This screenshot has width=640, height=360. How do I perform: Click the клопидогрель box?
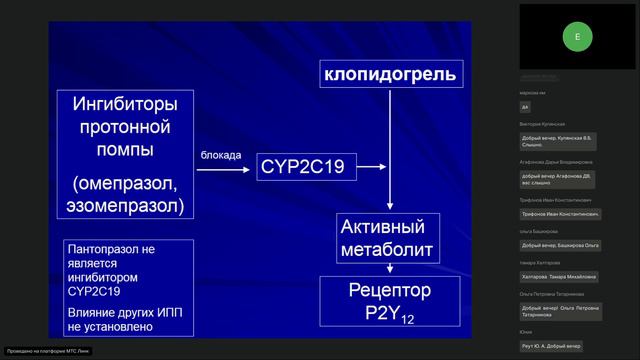point(391,74)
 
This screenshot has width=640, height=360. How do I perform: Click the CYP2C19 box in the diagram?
point(307,167)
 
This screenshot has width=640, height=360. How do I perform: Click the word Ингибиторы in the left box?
point(126,103)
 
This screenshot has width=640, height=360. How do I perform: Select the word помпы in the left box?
point(126,150)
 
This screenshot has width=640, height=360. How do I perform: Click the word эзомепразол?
point(126,205)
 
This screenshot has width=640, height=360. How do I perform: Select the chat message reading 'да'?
point(526,107)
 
